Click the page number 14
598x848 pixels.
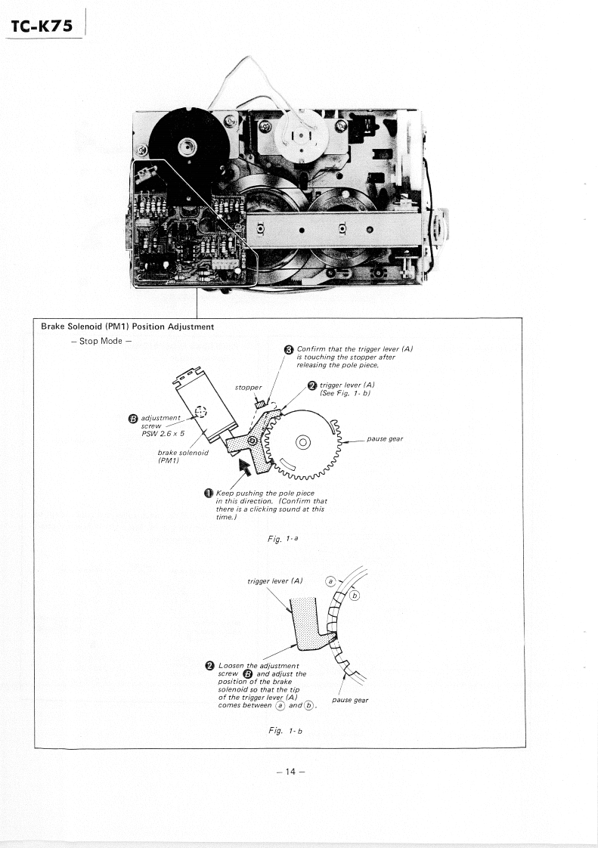pos(290,772)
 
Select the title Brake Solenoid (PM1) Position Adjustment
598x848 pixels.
pos(128,327)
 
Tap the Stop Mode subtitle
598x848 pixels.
pos(101,341)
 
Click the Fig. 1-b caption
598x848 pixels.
pos(286,730)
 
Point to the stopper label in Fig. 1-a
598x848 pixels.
pos(248,387)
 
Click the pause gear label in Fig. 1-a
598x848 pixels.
pos(387,438)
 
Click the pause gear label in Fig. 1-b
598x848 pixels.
pos(350,700)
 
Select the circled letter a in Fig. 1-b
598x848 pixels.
pos(330,580)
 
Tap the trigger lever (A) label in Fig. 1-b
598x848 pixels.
pos(275,580)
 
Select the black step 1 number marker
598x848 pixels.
pos(208,494)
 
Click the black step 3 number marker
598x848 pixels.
pos(288,349)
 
